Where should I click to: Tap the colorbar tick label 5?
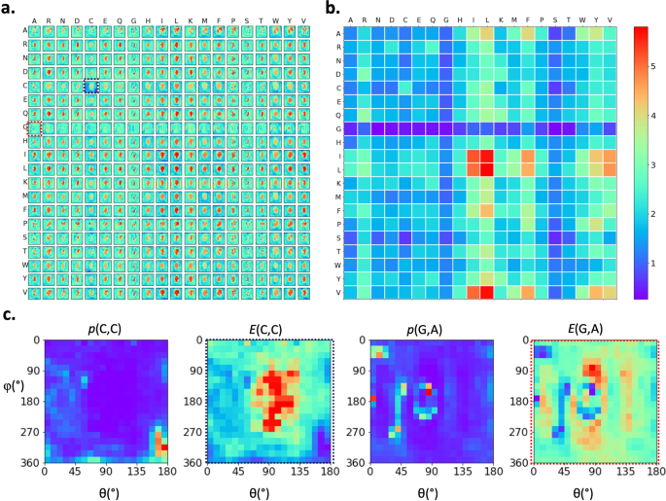point(654,65)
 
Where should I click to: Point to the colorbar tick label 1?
point(654,264)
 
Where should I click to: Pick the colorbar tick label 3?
point(654,164)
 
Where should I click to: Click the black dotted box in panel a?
point(90,87)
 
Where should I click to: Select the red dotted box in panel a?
point(35,127)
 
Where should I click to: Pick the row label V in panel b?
point(336,292)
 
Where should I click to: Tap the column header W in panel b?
point(582,18)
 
